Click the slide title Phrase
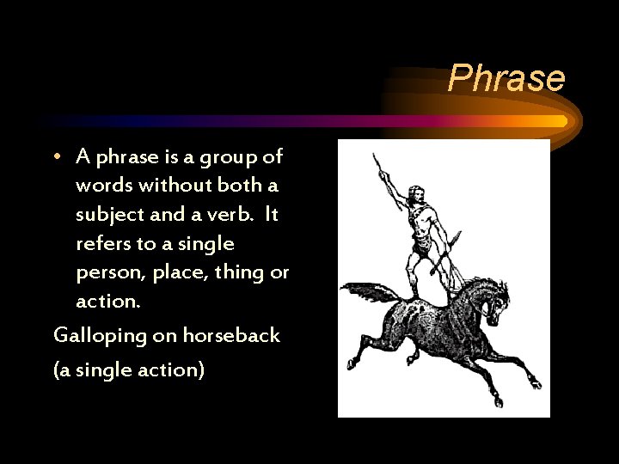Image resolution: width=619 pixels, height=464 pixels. (506, 78)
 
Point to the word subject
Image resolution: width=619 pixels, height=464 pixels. (108, 215)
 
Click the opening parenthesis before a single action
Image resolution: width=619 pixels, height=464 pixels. (57, 371)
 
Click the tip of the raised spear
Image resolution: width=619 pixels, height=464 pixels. (375, 157)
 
